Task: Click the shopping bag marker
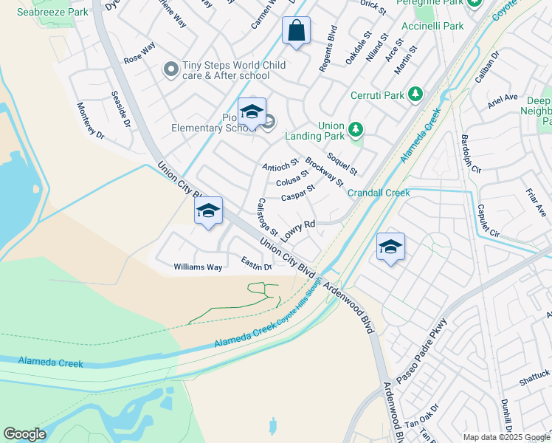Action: (x=296, y=31)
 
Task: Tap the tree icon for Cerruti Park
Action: (x=416, y=95)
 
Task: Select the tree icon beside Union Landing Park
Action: (x=356, y=130)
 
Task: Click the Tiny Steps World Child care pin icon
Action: (x=171, y=70)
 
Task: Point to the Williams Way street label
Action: (x=198, y=267)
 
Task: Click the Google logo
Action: (x=24, y=434)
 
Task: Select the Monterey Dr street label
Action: (x=92, y=120)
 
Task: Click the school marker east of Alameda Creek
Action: (x=390, y=247)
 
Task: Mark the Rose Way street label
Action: (x=139, y=51)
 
